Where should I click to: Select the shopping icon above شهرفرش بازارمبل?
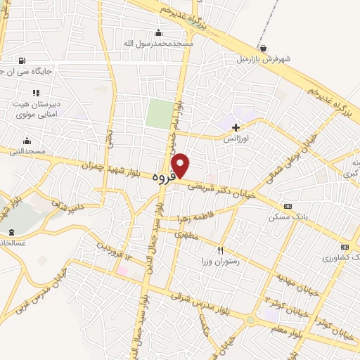pos(263,48)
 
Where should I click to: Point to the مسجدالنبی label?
pos(27,151)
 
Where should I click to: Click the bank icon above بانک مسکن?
pos(288,206)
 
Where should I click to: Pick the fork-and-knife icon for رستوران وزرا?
pos(220,251)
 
